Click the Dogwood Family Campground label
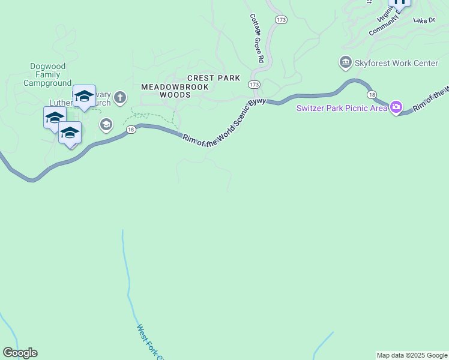[x=47, y=74]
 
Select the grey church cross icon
[x=120, y=97]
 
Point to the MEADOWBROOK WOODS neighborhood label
[x=175, y=91]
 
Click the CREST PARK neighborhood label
[x=214, y=78]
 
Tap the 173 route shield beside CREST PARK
[x=254, y=85]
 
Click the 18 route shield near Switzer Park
[x=372, y=95]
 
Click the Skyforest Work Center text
[x=396, y=62]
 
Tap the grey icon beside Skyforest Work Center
[x=345, y=62]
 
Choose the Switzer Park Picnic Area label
[x=341, y=109]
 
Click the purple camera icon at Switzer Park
[x=396, y=108]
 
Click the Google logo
[x=20, y=353]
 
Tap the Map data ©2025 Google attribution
[x=412, y=355]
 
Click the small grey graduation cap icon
[x=106, y=125]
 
